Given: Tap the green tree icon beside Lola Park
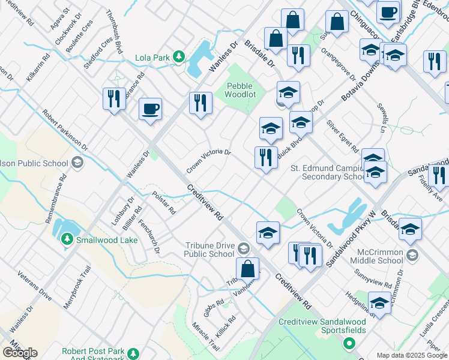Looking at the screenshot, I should point(178,56).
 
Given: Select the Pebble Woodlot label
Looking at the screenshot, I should point(240,90).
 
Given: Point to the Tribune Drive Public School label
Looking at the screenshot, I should point(209,249).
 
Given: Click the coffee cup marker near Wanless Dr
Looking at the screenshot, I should point(150,109).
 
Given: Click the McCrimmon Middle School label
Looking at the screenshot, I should point(379,256).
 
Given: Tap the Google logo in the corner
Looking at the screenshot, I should point(20,352).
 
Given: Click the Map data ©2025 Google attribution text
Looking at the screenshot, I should point(412,355).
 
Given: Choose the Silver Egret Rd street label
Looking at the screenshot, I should point(342,136).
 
